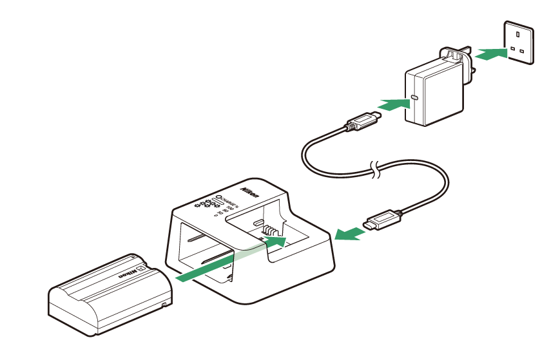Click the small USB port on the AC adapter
[x=414, y=99]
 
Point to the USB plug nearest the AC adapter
[x=363, y=120]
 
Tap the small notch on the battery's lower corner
[x=164, y=303]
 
